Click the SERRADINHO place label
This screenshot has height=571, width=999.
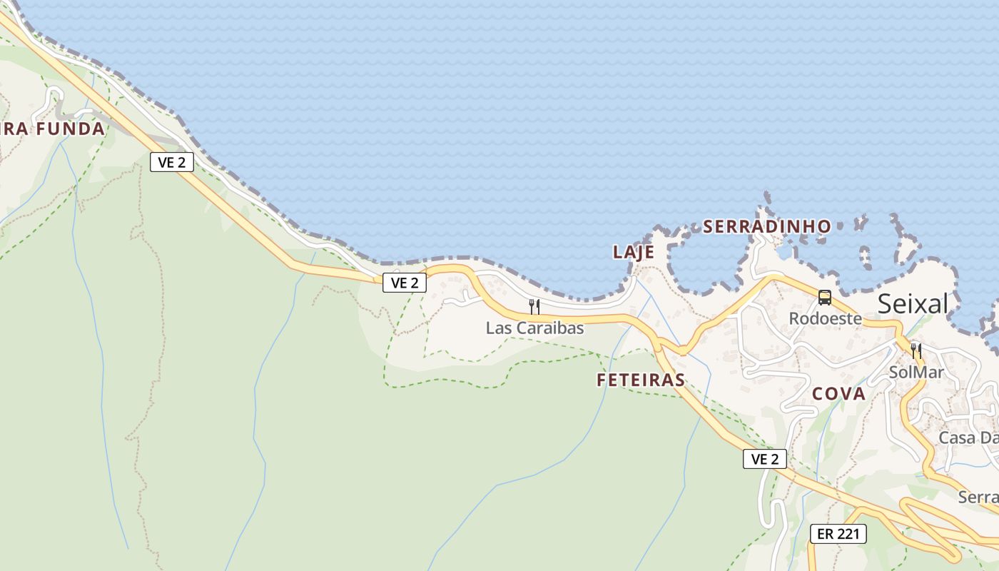(x=767, y=227)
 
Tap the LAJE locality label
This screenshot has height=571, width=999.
(x=634, y=252)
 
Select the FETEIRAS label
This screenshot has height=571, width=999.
(x=641, y=380)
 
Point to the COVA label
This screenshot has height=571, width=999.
(x=838, y=394)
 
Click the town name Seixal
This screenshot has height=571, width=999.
(x=913, y=304)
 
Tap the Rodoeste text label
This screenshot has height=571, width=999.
(x=825, y=319)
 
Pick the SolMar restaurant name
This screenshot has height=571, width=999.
(x=916, y=372)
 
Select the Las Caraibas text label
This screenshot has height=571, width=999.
(x=534, y=328)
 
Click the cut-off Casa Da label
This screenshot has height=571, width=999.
(x=968, y=438)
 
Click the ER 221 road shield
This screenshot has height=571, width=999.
(x=838, y=533)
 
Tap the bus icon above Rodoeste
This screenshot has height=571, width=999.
(x=825, y=298)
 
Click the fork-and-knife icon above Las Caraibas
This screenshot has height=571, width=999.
(x=534, y=307)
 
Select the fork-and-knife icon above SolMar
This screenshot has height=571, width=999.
(x=916, y=350)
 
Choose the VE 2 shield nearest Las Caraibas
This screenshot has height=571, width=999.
(x=405, y=283)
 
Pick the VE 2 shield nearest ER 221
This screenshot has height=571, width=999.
(x=765, y=459)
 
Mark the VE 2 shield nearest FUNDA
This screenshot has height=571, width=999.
(x=172, y=162)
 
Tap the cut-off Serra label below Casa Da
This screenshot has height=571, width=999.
(x=978, y=497)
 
